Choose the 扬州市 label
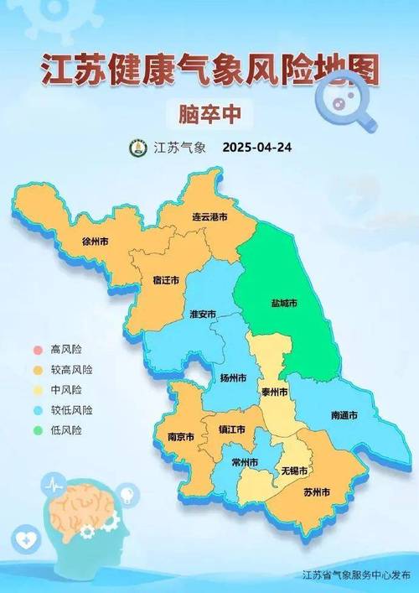[x=232, y=379]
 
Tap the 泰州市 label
[x=273, y=392]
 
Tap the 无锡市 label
[x=293, y=470]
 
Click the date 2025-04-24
[x=257, y=148]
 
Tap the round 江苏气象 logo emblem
[x=137, y=148]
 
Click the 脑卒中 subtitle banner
[x=209, y=111]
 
